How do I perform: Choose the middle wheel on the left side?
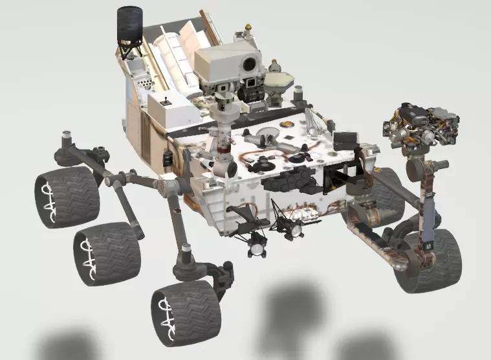click(x=107, y=253)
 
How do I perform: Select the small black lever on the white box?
click(x=166, y=101)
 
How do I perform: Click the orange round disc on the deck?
click(x=287, y=122)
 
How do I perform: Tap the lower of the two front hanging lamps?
click(x=257, y=246)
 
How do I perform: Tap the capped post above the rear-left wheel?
click(x=65, y=137)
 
